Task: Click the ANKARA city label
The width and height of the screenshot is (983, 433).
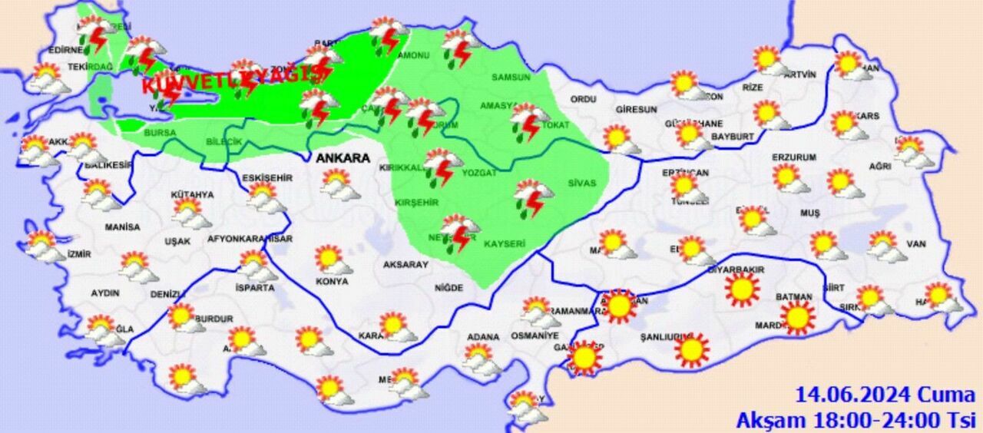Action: coord(343,158)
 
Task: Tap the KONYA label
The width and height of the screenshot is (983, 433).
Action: coord(332,282)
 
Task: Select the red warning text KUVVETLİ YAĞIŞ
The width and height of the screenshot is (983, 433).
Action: coord(231,79)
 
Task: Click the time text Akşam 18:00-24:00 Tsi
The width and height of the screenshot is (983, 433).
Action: coord(855,420)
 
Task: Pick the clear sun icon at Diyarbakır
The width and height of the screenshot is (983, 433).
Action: coord(742,289)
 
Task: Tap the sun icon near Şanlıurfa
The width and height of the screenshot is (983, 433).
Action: coord(692,350)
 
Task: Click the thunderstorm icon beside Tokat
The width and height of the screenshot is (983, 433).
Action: coord(529,121)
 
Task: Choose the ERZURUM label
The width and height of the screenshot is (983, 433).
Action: coord(794,157)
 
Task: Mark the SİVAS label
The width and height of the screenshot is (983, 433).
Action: coord(581,183)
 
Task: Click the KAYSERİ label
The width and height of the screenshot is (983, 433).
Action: coord(505,244)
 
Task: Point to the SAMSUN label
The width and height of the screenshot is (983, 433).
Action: coord(511,78)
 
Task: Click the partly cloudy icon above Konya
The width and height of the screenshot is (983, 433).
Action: coord(333,259)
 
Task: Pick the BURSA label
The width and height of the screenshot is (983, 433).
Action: coord(160,133)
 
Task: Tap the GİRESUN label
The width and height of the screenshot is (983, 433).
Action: coord(635,110)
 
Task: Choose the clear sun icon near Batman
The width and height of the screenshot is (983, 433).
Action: coord(797,316)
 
